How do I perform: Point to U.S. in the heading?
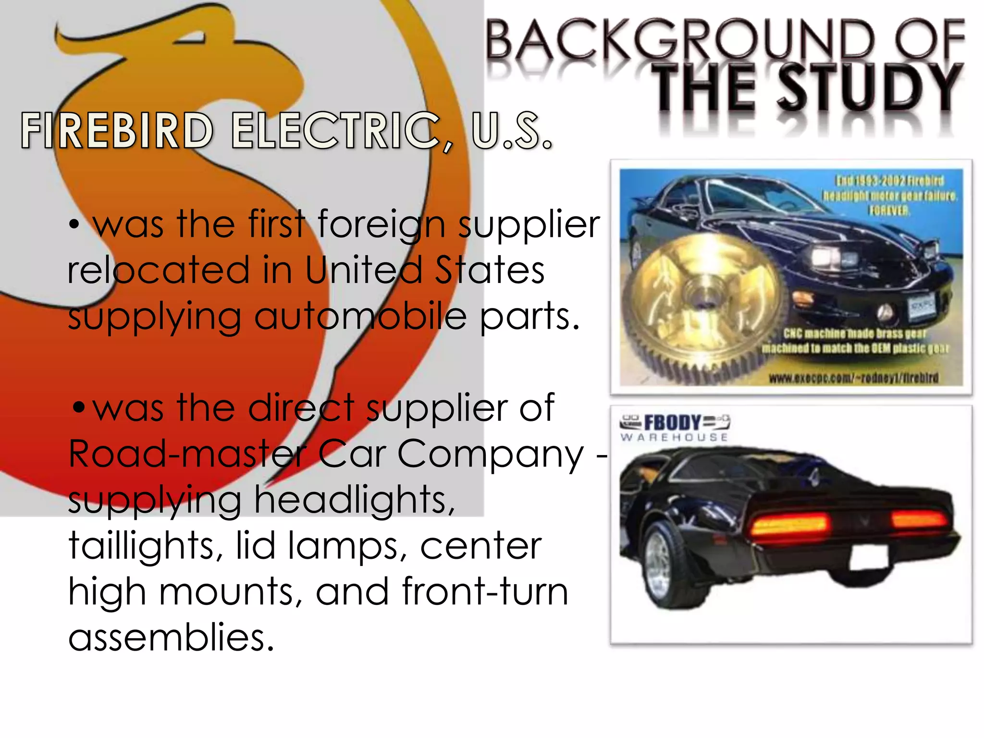pyautogui.click(x=512, y=130)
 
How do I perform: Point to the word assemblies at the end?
pyautogui.click(x=171, y=637)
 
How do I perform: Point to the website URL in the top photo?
pyautogui.click(x=853, y=378)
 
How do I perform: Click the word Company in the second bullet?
pyautogui.click(x=490, y=454)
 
